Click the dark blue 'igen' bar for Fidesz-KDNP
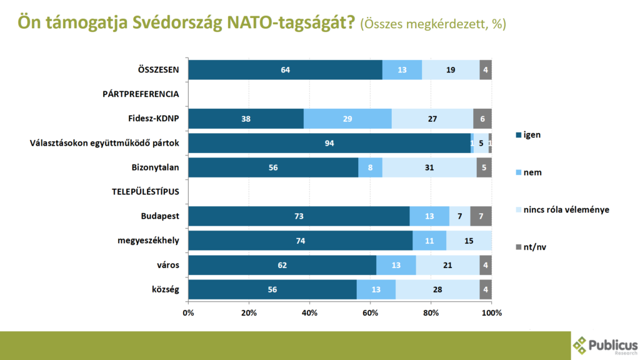246,118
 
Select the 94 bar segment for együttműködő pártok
329,143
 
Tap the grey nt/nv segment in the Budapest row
481,216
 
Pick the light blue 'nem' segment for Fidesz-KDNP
347,118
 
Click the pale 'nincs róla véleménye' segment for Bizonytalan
429,167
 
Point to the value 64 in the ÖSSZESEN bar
286,70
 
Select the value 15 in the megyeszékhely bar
469,241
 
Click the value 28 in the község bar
437,289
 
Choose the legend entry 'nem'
529,172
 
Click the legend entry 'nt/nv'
530,247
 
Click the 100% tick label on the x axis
491,312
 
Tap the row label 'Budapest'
161,216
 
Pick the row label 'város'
168,265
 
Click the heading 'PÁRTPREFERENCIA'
141,94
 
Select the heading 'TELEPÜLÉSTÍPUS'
142,192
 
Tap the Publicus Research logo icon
581,345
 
